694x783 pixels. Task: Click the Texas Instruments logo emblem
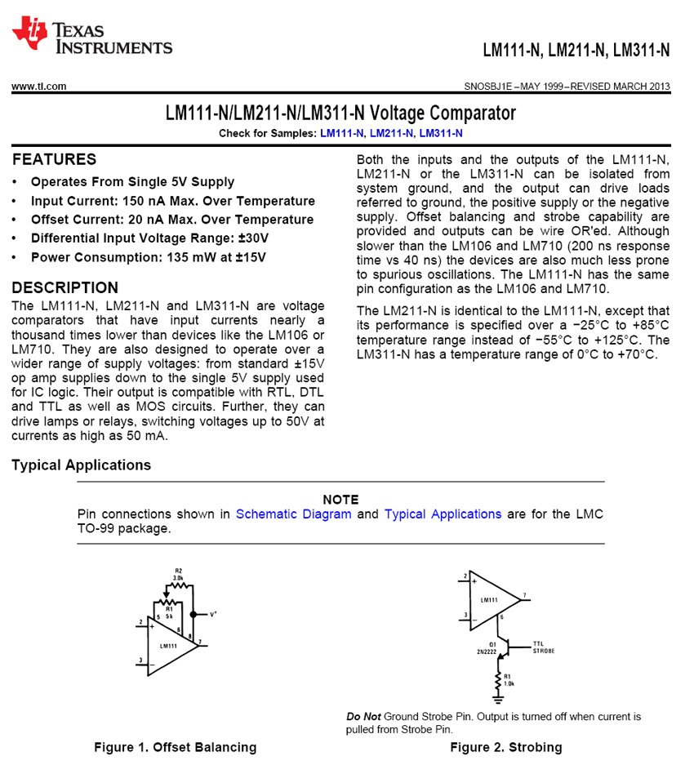[29, 33]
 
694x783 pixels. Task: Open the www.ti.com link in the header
[38, 86]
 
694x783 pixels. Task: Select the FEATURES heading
[54, 159]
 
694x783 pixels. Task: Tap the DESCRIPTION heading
[65, 287]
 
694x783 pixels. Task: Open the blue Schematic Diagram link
[293, 514]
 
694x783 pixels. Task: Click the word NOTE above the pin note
[340, 499]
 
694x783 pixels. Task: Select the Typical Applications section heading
[81, 465]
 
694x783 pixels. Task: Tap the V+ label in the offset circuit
[213, 613]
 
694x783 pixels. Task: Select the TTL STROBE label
[543, 647]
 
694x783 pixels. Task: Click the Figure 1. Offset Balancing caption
[175, 747]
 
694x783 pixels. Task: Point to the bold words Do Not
[363, 717]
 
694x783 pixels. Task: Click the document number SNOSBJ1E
[487, 86]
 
